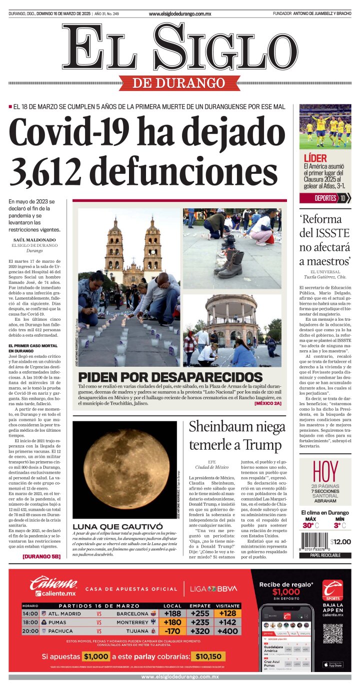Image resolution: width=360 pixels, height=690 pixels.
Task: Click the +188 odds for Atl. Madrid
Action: click(x=172, y=614)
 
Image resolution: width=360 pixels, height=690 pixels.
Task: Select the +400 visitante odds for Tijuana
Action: click(x=228, y=631)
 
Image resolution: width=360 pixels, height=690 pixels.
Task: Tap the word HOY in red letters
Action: click(x=324, y=472)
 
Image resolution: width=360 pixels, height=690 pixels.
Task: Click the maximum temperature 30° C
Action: click(x=309, y=525)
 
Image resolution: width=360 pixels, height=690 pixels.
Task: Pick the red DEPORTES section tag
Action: click(x=325, y=198)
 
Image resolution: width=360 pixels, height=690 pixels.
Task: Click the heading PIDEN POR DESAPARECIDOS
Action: click(x=170, y=377)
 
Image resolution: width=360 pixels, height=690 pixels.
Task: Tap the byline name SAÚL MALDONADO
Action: click(x=34, y=240)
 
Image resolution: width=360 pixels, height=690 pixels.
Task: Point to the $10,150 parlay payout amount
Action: click(x=208, y=657)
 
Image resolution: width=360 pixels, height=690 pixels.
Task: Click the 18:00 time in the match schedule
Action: click(x=30, y=623)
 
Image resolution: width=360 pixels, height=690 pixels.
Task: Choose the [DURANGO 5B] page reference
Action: click(x=41, y=556)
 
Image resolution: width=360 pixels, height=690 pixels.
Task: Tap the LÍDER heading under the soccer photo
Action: click(x=315, y=158)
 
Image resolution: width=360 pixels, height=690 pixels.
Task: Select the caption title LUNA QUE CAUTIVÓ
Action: click(x=117, y=527)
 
